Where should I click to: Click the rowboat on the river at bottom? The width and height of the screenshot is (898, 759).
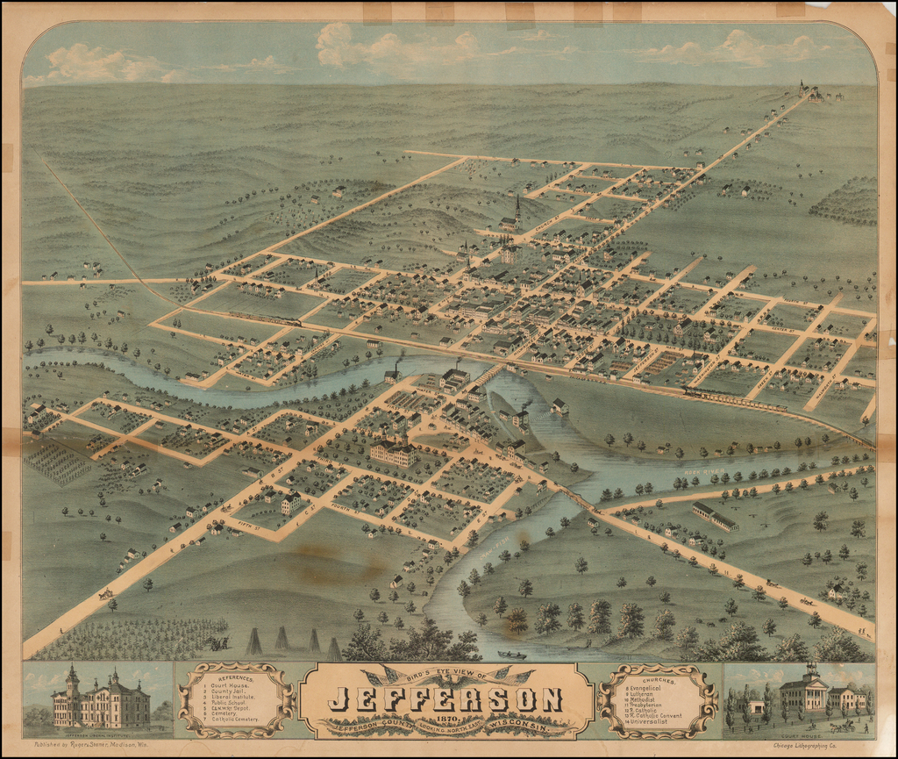coord(512,655)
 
